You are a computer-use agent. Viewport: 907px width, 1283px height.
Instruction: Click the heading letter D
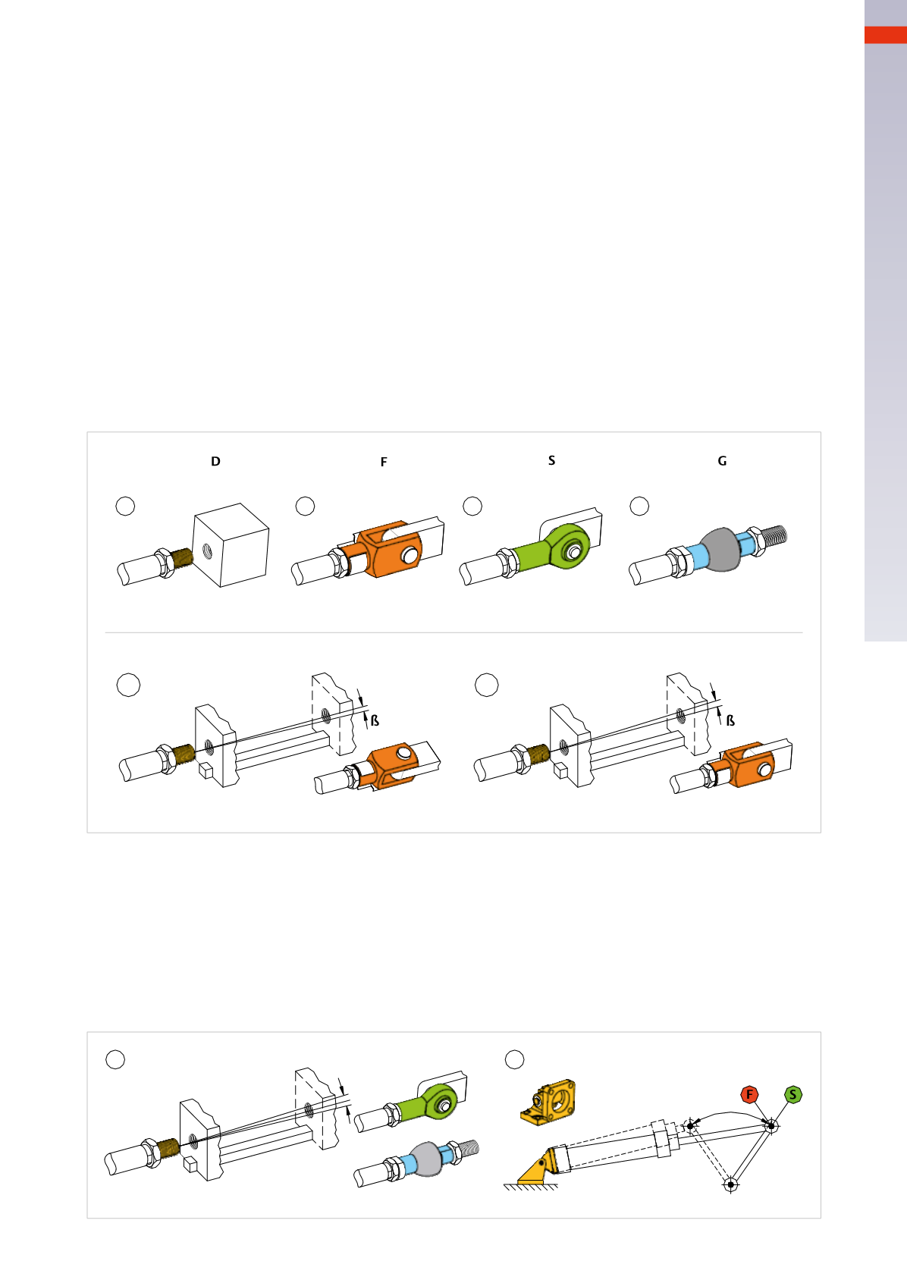point(215,461)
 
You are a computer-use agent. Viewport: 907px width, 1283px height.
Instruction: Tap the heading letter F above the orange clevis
point(384,462)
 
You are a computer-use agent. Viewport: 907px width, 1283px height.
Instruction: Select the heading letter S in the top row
point(552,460)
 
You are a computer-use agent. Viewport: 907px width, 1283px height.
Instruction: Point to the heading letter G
point(722,461)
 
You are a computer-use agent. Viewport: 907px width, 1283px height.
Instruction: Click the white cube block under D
point(231,544)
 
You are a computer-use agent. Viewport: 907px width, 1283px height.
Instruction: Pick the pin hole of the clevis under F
point(409,554)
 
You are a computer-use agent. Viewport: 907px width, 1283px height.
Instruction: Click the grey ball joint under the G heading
point(720,549)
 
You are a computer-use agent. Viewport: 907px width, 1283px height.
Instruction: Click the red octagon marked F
point(749,1094)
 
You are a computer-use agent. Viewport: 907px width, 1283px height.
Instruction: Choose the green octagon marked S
point(793,1094)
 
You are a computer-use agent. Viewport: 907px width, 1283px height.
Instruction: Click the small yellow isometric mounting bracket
point(548,1100)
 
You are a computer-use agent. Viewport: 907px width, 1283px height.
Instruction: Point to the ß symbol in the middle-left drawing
point(375,720)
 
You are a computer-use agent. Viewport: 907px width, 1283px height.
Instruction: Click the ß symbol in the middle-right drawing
point(730,720)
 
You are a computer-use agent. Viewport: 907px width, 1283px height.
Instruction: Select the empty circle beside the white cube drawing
point(125,507)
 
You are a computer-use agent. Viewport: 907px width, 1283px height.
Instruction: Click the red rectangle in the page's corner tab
point(886,34)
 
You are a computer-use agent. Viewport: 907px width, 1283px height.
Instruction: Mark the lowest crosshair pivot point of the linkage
point(730,1184)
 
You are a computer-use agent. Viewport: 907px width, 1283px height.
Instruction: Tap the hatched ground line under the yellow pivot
point(531,1187)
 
